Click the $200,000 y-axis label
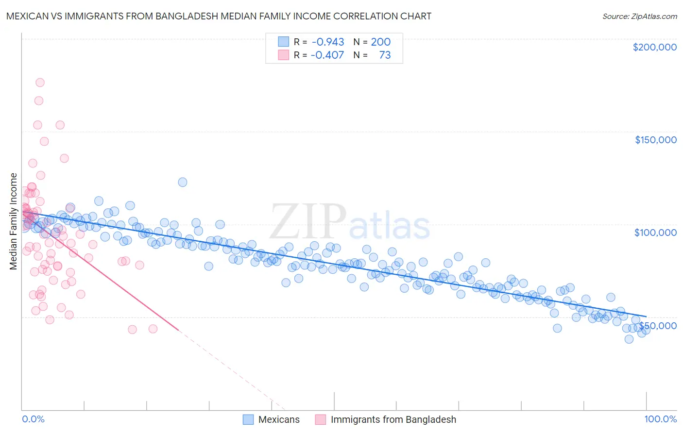(654, 47)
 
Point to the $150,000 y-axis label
(655, 140)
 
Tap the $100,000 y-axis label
(655, 233)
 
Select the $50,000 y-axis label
(658, 326)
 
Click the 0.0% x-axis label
(33, 419)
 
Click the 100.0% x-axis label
(660, 419)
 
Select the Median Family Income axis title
(14, 221)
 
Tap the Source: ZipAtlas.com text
(639, 16)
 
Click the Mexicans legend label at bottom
(279, 419)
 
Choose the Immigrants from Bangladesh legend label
(393, 419)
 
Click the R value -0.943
(328, 42)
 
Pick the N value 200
(380, 42)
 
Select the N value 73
(385, 55)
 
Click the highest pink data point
(40, 83)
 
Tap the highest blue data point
(183, 182)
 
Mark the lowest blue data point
(629, 339)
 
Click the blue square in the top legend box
(283, 42)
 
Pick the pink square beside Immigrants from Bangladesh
(321, 419)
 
